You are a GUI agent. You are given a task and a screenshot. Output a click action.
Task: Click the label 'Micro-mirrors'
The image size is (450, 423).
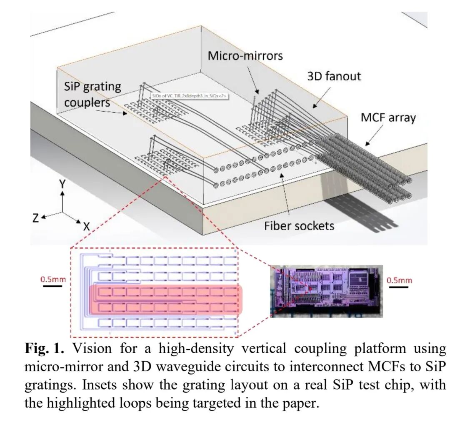[x=245, y=55]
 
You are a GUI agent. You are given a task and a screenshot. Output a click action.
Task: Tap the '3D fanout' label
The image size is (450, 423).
[x=334, y=76]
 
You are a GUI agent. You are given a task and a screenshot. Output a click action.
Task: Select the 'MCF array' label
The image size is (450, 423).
[x=388, y=118]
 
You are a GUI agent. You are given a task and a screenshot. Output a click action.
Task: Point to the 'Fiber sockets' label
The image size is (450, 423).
[x=299, y=225]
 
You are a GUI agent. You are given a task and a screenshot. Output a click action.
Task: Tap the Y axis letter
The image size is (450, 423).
[x=62, y=184]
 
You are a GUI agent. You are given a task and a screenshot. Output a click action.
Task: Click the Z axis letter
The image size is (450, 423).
[x=37, y=217]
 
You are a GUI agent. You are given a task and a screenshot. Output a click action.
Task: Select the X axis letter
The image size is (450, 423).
[x=86, y=226]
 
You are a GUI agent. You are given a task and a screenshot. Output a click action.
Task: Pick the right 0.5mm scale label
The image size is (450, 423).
[x=399, y=280]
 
